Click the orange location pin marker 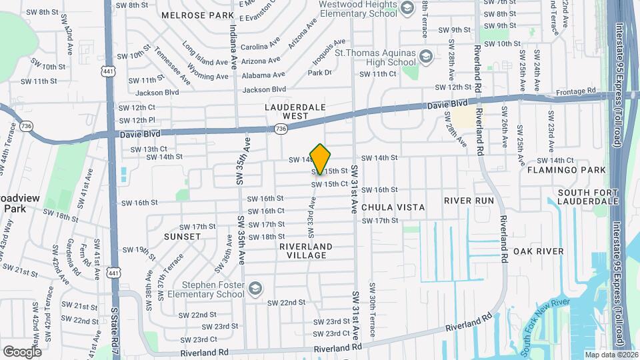point(321,159)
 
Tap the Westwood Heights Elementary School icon point(406,8)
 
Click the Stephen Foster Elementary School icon point(253,289)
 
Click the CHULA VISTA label point(393,207)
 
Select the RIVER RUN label point(469,201)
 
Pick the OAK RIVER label point(539,251)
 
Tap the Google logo point(22,351)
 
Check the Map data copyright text point(610,354)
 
